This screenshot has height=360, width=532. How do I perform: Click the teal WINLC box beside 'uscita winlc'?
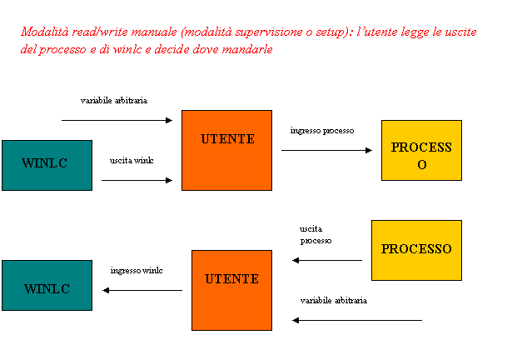coord(47,165)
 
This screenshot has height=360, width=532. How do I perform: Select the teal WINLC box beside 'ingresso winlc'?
coord(47,286)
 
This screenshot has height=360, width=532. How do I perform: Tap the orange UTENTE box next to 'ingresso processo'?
coord(226,150)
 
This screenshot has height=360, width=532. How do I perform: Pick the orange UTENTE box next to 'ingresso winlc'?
coord(231,290)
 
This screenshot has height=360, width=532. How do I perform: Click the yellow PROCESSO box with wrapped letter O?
coord(421,150)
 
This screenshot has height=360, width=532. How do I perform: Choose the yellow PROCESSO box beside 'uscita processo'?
coord(416,250)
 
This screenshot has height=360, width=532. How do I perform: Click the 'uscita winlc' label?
coord(137,160)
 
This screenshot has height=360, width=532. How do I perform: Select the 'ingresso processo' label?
coord(326,130)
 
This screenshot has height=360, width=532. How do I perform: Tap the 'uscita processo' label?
coord(326,235)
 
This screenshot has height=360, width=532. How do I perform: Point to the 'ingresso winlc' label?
coord(142,270)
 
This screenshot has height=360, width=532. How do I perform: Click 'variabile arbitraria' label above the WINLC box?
coord(127,100)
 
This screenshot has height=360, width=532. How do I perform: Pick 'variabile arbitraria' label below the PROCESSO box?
coord(336,300)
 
